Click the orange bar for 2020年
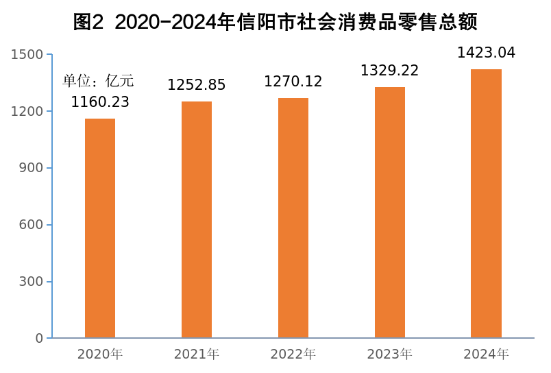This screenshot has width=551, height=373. point(100,228)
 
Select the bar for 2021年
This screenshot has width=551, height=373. point(197,219)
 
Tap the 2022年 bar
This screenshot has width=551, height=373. point(293,218)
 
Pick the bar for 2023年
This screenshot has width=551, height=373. point(390,213)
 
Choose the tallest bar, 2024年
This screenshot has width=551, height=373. point(486,204)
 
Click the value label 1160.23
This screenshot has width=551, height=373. point(100,103)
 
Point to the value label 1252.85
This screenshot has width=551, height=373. point(197,85)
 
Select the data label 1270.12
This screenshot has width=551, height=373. point(293,82)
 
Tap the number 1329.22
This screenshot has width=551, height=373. point(390,71)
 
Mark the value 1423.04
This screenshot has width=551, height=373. point(486,53)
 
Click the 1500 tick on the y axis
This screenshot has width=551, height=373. point(27,55)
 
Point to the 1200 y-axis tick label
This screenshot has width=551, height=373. point(27,112)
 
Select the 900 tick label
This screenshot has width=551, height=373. point(32,168)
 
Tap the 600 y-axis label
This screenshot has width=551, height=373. point(32,225)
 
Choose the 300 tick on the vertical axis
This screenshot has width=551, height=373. point(32,282)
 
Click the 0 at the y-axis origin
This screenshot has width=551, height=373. point(39,339)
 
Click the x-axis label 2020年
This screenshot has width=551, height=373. point(100,354)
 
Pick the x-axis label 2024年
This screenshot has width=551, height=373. point(486,354)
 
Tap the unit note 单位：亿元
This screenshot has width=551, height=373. point(98,81)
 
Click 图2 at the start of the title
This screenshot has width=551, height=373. point(88,23)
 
